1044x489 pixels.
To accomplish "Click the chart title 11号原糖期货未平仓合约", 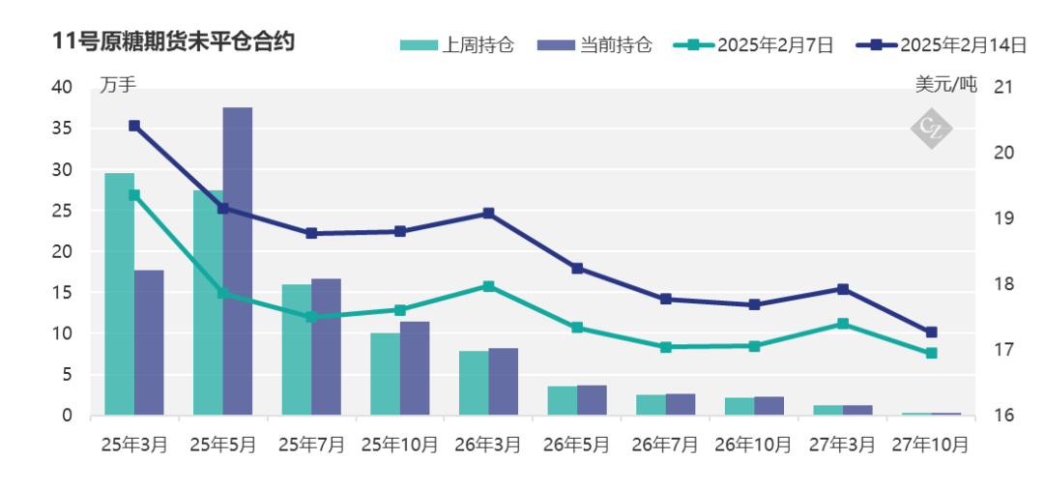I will (175, 42).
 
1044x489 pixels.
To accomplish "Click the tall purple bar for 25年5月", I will (238, 261).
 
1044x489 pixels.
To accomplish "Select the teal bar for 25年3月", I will (119, 295).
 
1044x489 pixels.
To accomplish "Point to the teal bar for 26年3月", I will (474, 383).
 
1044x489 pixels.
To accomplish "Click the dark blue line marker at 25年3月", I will (134, 126).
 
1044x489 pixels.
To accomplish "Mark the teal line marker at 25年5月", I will (222, 293).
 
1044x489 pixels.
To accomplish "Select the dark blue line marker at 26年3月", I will (488, 213).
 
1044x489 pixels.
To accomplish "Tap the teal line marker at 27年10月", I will (932, 353).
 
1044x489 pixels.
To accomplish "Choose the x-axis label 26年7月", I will (665, 445).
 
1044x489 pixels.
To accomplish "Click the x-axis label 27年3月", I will (843, 445).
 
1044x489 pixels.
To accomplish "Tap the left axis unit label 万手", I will (118, 85).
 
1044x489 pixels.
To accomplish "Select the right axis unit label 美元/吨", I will (946, 85).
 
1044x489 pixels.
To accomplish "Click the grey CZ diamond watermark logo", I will (932, 127).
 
